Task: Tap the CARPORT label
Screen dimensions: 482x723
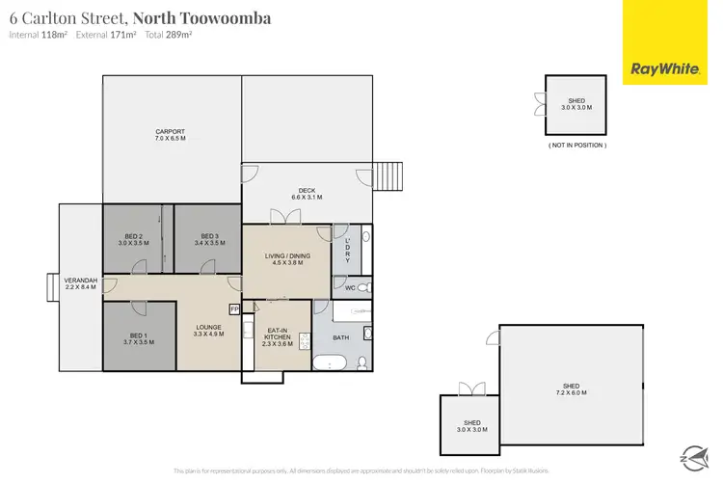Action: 170,135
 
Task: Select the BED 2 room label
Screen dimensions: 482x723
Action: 134,240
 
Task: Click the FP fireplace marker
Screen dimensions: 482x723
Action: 233,309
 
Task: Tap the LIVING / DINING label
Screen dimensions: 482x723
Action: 285,258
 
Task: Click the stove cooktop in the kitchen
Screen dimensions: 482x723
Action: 305,341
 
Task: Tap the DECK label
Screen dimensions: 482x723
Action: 307,193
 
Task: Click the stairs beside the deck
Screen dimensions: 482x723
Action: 388,176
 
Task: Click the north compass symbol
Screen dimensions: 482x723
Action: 692,456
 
